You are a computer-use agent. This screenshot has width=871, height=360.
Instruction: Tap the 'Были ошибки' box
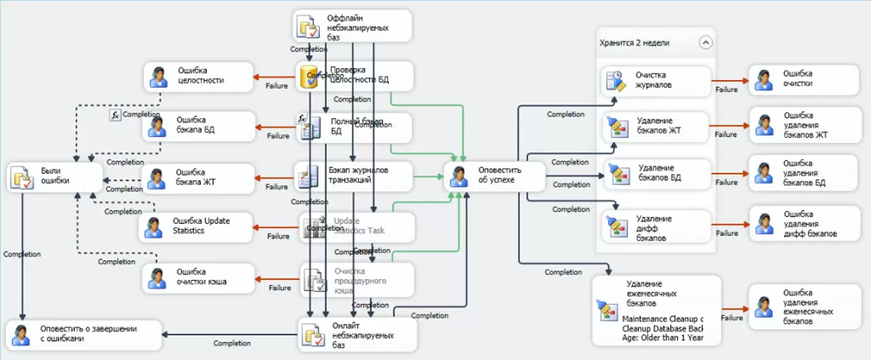tap(54, 176)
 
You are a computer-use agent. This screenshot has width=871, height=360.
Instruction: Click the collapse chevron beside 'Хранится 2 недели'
tap(705, 42)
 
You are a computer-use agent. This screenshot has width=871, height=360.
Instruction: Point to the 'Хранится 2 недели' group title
tap(634, 43)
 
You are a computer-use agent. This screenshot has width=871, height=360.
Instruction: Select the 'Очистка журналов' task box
tap(656, 80)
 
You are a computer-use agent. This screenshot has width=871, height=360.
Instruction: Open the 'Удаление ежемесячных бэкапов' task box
tap(656, 310)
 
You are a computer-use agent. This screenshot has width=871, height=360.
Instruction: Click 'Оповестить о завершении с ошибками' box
tap(84, 333)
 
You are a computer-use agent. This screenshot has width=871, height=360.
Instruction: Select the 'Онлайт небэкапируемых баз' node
tap(357, 334)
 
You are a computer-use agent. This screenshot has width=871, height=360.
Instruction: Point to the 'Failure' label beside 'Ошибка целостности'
tap(276, 86)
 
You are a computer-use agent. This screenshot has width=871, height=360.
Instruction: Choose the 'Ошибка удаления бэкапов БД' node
tap(803, 174)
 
